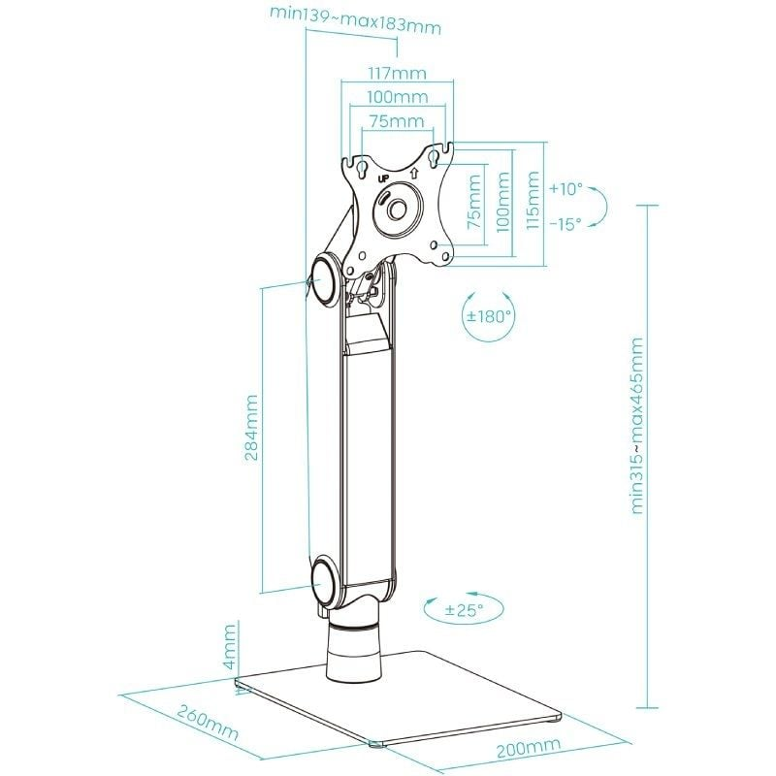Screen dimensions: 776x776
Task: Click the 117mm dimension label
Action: point(397,74)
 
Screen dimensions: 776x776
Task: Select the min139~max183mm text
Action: point(355,19)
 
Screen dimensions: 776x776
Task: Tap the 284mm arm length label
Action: point(252,428)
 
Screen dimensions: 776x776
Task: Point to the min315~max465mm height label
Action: point(637,426)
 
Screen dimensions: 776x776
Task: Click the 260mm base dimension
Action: point(208,724)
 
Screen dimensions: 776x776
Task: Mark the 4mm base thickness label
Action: point(231,647)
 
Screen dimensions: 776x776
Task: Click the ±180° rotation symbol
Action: point(489,316)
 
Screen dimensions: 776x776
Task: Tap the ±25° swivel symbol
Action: point(464,609)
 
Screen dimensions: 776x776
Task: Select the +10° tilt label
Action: point(566,189)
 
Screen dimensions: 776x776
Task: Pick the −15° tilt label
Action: point(566,224)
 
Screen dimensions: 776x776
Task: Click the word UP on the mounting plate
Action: point(383,178)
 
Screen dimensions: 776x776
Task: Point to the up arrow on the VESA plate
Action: point(414,174)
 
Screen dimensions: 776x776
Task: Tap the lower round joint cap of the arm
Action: point(326,580)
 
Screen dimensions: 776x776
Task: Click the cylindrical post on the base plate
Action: point(353,652)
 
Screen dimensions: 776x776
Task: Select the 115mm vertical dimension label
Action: point(533,200)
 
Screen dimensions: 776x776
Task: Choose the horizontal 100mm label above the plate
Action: point(398,97)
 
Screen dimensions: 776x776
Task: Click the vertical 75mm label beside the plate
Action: point(474,201)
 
